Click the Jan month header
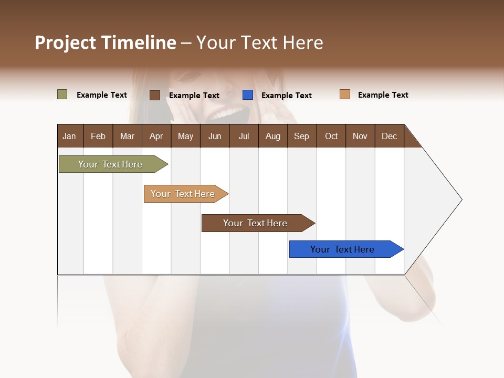pos(70,136)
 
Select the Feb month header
pos(98,136)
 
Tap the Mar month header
pos(127,136)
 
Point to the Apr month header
pos(156,136)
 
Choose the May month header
pos(185,136)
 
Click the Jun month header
pos(215,136)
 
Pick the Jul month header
pos(244,136)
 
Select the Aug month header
pos(273,136)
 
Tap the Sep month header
pos(302,136)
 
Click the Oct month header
pos(331,136)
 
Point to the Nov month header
pos(360,136)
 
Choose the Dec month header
pos(390,136)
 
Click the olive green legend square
pos(62,94)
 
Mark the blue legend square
pos(248,95)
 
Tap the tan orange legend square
pos(345,94)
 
